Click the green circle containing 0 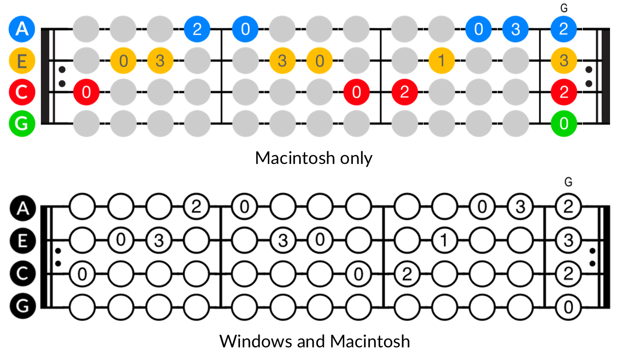click(x=564, y=124)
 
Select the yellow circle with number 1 click(x=442, y=61)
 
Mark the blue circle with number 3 click(x=516, y=29)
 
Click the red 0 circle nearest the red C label click(x=86, y=91)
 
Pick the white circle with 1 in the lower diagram click(x=443, y=240)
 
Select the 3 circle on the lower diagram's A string click(x=520, y=208)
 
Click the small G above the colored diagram click(x=564, y=8)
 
